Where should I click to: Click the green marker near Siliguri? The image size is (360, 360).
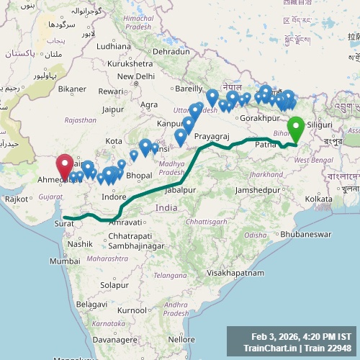295,130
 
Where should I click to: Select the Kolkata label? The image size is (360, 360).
318,199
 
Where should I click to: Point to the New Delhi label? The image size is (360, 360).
135,76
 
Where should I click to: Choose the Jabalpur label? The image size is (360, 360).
180,189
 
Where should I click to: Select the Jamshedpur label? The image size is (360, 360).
255,189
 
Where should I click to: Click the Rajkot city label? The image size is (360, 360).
17,199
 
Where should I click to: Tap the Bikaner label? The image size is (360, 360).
72,89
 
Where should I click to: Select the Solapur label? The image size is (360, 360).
114,286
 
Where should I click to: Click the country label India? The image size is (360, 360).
166,207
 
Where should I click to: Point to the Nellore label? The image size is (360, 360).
181,339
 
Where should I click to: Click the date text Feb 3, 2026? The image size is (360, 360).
276,336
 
